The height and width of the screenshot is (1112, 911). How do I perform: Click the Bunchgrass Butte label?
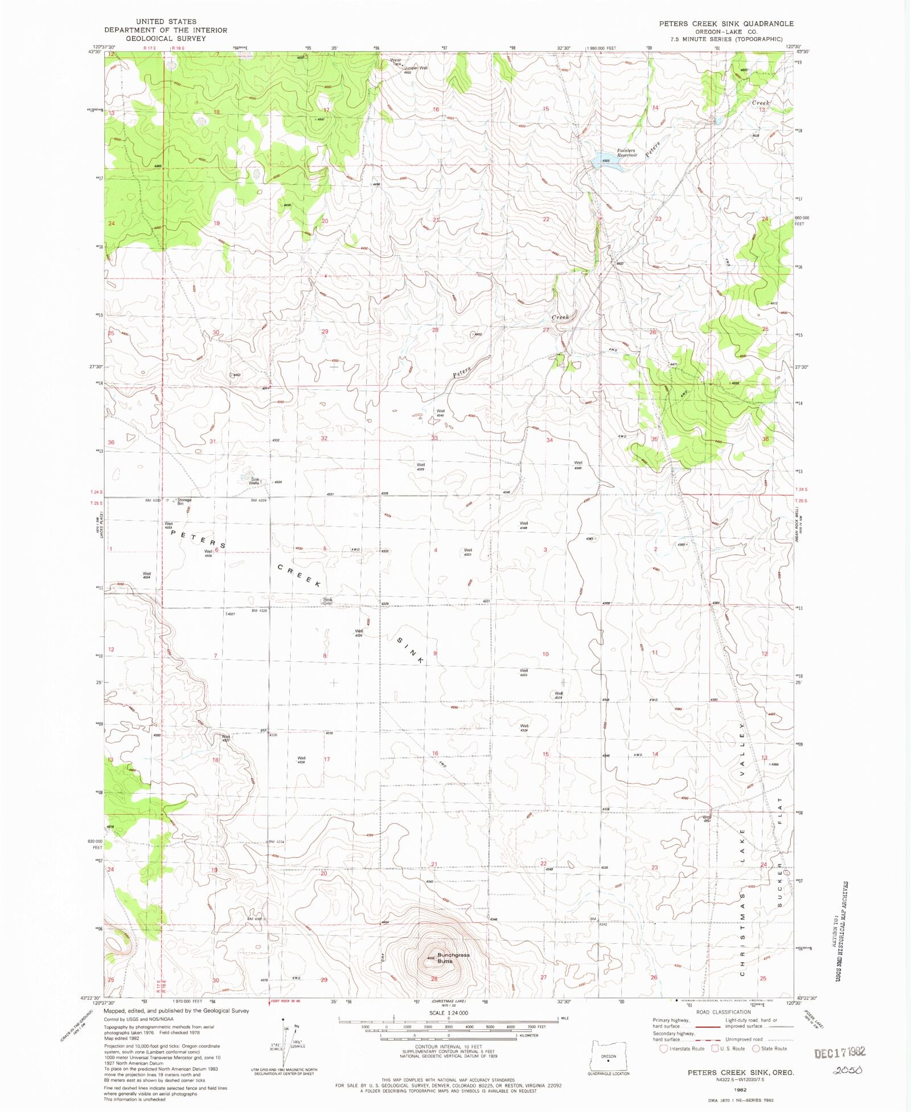[x=453, y=958]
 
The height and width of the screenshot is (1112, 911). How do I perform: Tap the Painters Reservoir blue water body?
[x=602, y=160]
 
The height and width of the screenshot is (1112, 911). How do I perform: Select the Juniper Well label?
[x=416, y=68]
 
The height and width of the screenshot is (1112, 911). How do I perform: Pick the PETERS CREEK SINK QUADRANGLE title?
[x=726, y=23]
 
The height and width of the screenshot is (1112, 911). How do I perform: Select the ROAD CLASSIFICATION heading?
[x=723, y=1012]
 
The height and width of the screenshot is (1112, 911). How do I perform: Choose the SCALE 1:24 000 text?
[x=448, y=1013]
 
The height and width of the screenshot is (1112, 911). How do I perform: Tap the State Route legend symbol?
[x=756, y=1048]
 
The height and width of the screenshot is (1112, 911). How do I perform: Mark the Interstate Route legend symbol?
[x=663, y=1048]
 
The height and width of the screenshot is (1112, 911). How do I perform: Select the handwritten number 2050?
[x=848, y=1070]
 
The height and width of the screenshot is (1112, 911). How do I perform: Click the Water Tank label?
[x=395, y=62]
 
